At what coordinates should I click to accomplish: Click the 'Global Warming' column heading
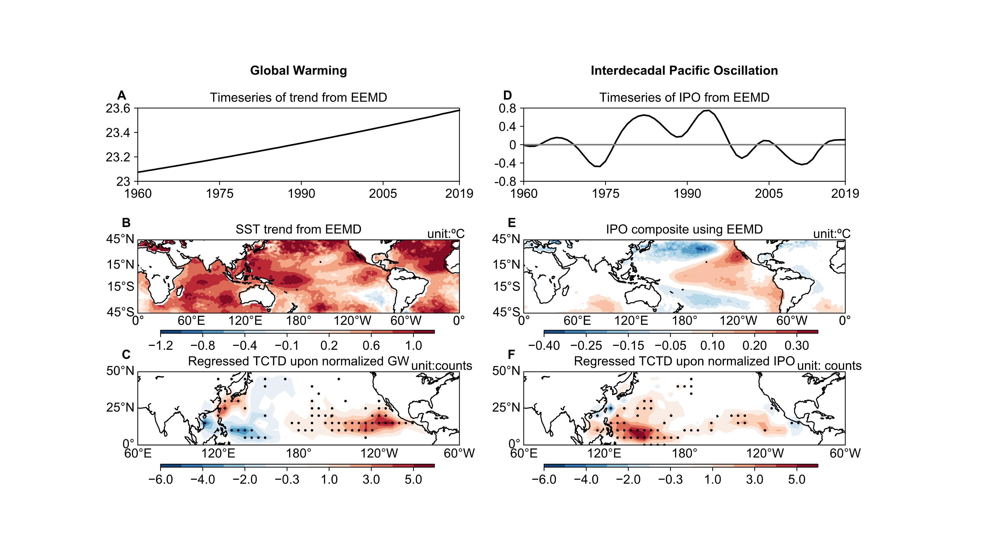(298, 70)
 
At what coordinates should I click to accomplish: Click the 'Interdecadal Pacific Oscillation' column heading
(684, 70)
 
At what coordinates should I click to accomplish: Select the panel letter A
(122, 95)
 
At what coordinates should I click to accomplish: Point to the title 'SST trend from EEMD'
(298, 229)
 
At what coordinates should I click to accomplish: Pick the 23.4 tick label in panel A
(118, 133)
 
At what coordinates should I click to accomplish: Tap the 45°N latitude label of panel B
(120, 239)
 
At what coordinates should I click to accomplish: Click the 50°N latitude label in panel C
(120, 371)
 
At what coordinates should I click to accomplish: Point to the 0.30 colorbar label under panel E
(797, 346)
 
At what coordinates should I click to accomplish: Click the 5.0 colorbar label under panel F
(797, 479)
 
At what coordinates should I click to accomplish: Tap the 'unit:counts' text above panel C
(442, 366)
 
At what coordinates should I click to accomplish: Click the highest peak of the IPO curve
(708, 110)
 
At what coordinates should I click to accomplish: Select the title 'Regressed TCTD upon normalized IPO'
(684, 361)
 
